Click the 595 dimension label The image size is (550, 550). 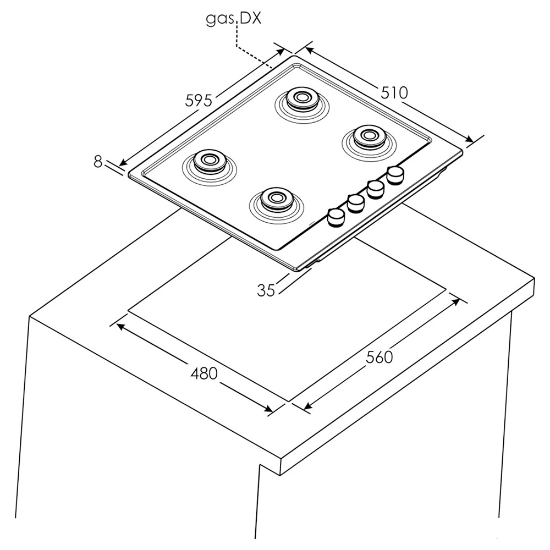click(x=199, y=101)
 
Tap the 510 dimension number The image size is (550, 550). click(x=394, y=92)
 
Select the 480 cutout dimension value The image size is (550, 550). click(x=204, y=373)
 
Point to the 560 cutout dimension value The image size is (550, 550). click(x=379, y=357)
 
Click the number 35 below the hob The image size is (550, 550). click(x=266, y=290)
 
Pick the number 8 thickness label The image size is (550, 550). click(x=98, y=162)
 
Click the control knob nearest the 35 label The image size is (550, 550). click(x=335, y=217)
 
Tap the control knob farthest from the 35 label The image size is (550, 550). click(x=395, y=175)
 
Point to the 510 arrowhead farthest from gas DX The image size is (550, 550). click(x=469, y=139)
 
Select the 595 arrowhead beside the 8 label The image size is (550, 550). click(x=123, y=162)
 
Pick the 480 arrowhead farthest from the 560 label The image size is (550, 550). click(x=120, y=327)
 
